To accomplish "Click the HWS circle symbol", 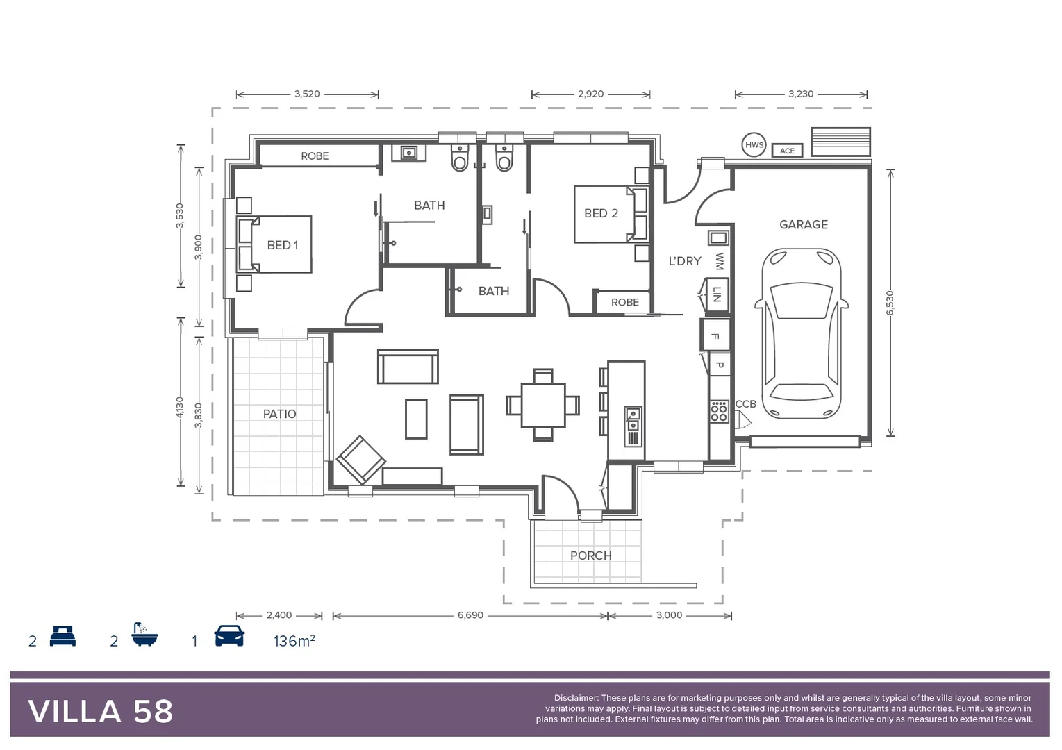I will tap(754, 145).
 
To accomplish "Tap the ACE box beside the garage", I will tap(787, 151).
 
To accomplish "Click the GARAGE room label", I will tap(803, 224).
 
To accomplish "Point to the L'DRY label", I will tap(684, 261).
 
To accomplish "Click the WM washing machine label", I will tap(719, 261).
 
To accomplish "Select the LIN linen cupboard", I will tap(717, 294).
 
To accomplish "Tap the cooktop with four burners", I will tap(719, 411).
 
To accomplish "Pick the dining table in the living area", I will tap(543, 405).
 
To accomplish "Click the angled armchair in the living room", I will tap(360, 460).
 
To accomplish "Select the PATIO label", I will tap(279, 414).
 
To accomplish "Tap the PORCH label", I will tap(590, 556).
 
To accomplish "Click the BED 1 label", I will tap(282, 245).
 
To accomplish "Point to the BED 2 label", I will tap(601, 213).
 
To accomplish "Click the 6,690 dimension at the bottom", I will tap(470, 615).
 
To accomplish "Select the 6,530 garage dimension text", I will tap(890, 303).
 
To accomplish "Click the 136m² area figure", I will tap(294, 641).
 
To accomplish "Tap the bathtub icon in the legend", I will tap(144, 635).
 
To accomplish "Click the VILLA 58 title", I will tap(101, 712).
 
